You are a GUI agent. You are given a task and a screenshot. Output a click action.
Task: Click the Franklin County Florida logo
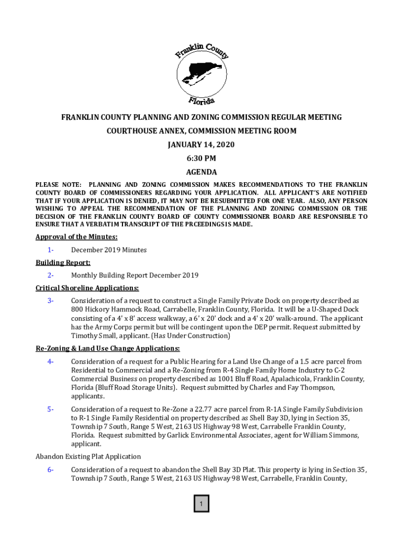pos(201,71)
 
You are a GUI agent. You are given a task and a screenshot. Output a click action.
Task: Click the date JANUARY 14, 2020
pos(201,144)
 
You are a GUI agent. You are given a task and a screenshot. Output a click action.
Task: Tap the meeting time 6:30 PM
pos(201,158)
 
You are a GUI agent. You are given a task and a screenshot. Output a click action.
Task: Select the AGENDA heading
pos(201,172)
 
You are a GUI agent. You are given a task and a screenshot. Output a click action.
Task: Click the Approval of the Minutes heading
pos(76,237)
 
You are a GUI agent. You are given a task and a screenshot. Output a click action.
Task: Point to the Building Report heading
pos(63,262)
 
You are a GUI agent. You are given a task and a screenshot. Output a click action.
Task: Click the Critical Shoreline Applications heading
pos(87,288)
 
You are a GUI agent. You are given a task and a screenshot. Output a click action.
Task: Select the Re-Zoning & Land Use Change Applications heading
pos(107,349)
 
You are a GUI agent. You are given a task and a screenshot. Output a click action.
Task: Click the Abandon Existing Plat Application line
pos(88,456)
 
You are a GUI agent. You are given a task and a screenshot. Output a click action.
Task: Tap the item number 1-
pos(50,250)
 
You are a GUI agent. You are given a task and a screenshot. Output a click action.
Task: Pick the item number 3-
pos(50,301)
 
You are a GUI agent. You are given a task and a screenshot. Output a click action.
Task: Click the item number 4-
pos(50,362)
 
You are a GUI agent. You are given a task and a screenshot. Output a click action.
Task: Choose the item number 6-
pos(50,470)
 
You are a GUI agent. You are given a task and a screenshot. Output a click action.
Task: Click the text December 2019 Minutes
pos(109,250)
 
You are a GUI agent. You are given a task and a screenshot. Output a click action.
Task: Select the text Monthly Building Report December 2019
pos(135,275)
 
